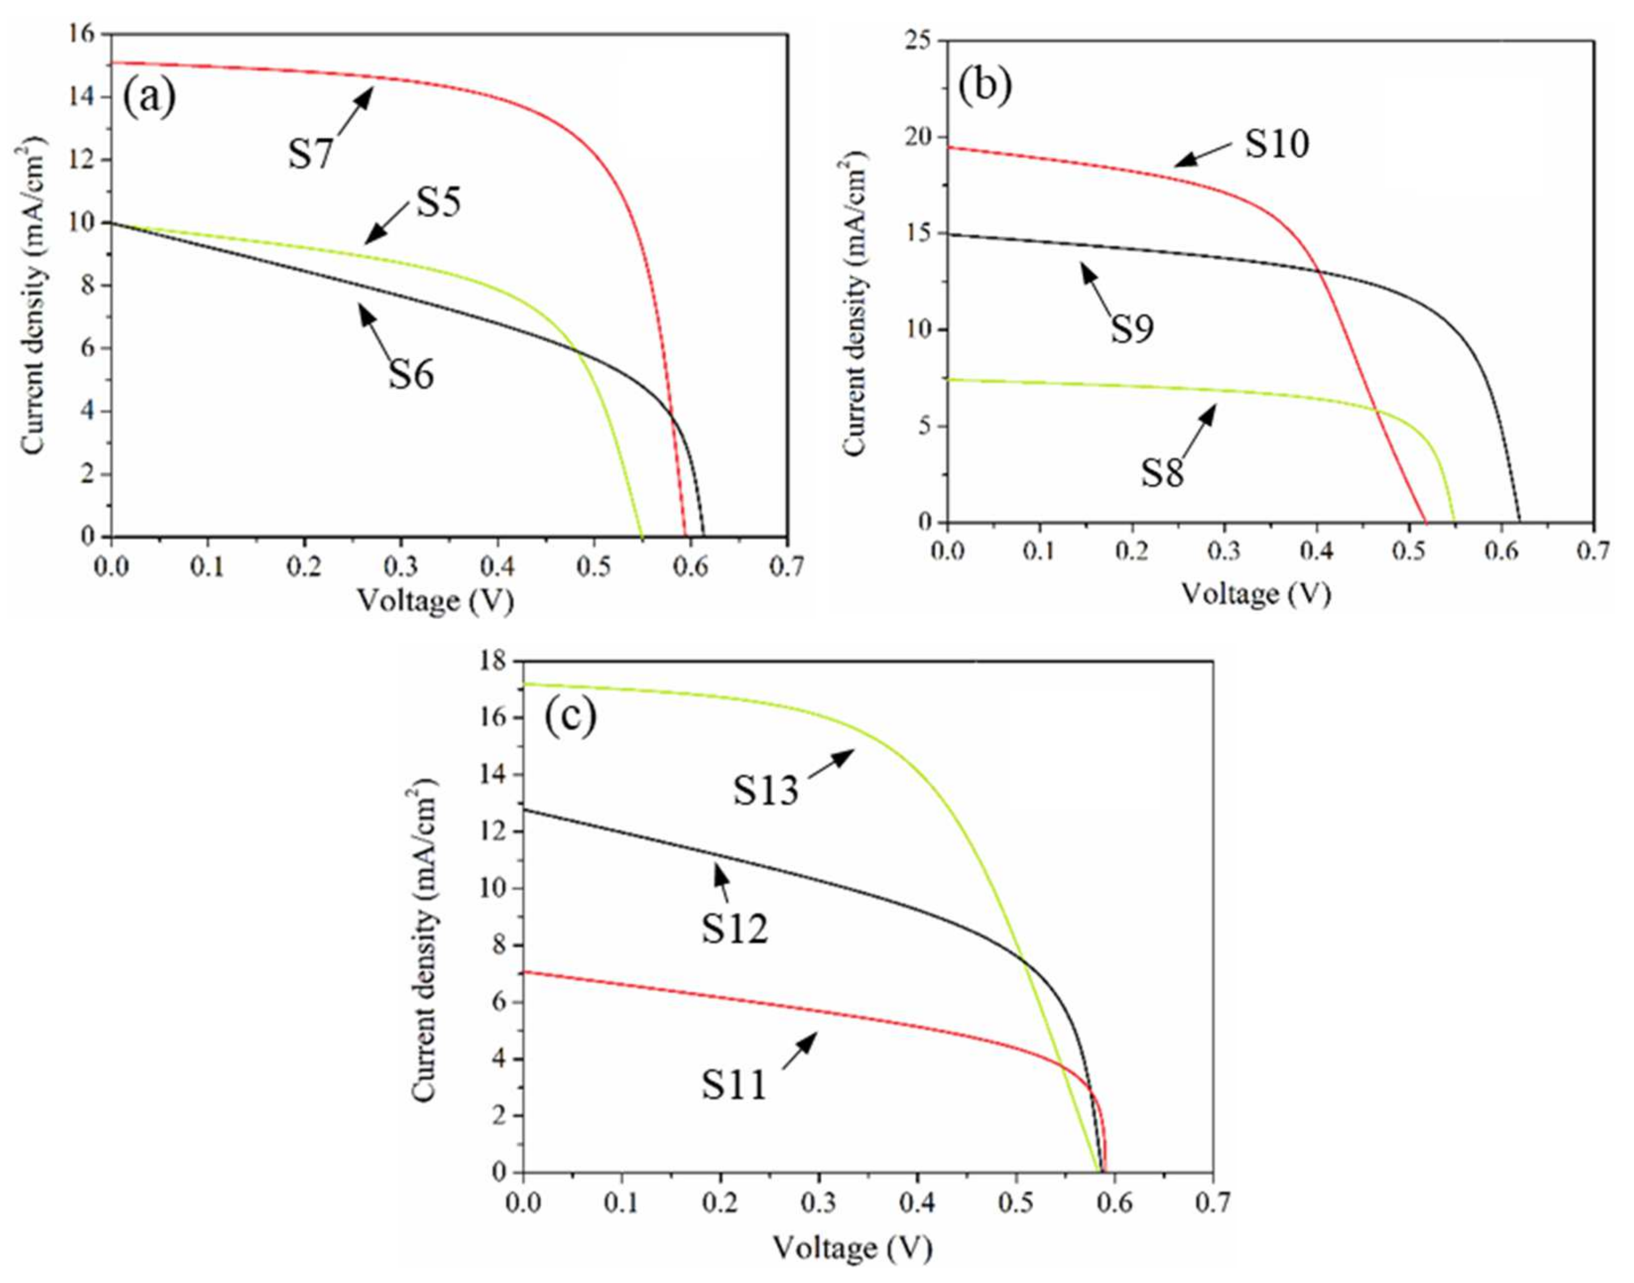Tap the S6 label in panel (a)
[x=411, y=374]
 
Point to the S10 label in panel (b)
[x=1276, y=143]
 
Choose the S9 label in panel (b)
[x=1132, y=328]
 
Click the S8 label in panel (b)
[x=1162, y=473]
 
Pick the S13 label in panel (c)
[x=765, y=791]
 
